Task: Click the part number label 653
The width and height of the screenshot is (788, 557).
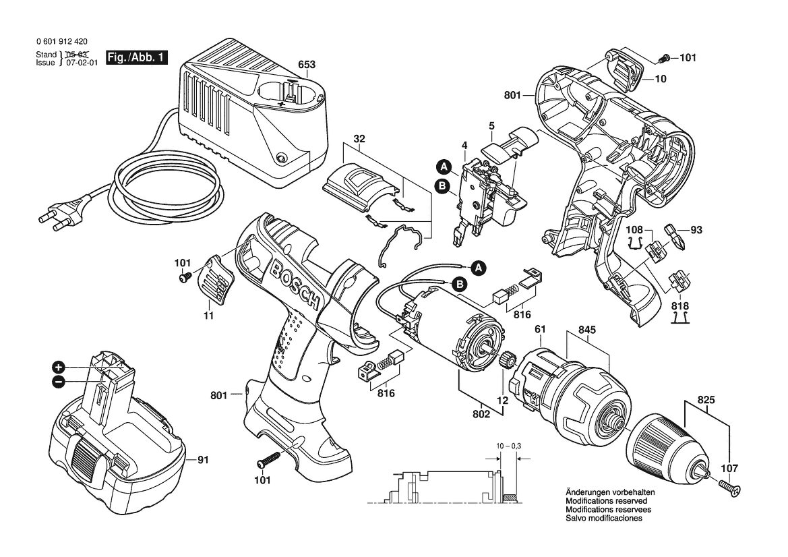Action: tap(307, 65)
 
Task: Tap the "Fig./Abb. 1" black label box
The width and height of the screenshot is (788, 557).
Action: tap(137, 57)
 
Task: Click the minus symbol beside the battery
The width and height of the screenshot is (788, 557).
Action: tap(58, 382)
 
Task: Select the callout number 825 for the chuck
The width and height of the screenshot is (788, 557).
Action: tap(706, 401)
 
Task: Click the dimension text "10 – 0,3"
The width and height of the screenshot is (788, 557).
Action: tap(509, 446)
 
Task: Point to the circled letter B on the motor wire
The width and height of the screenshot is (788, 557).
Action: tap(459, 284)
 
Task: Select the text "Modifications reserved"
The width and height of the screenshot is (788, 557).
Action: tap(607, 501)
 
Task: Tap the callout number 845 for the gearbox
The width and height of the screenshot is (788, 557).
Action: tap(587, 330)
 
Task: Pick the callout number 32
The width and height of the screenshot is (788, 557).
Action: tap(359, 138)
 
